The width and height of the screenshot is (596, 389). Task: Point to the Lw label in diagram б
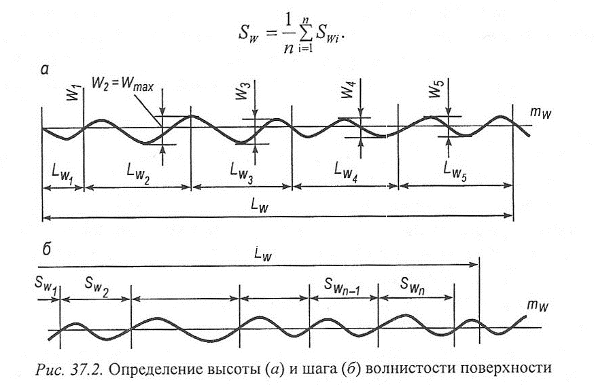click(263, 254)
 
